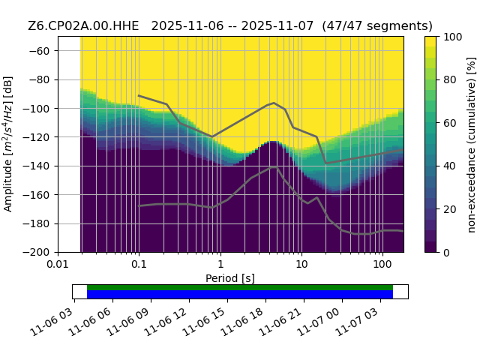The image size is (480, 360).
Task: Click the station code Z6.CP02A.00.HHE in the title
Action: point(83,26)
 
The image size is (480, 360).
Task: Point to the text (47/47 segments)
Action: point(377,26)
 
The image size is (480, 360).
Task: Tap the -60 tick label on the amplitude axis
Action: point(39,51)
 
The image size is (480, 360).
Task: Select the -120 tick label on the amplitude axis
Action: point(37,137)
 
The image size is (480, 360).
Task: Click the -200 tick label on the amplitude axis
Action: point(37,253)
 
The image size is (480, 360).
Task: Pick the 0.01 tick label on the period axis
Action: point(58,264)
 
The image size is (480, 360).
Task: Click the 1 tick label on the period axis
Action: point(220,264)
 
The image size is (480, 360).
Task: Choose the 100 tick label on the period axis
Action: point(382,264)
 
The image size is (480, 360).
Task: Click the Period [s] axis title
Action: point(230,278)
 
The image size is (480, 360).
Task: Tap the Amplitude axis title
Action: point(8,144)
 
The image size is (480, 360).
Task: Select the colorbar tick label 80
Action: point(450,80)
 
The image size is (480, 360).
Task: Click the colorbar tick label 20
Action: point(450,209)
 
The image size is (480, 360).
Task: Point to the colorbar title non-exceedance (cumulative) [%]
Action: point(472,145)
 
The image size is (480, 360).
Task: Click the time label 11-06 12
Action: point(165,321)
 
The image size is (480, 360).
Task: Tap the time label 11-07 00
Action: point(318,321)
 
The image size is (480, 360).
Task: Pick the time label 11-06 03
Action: point(51,321)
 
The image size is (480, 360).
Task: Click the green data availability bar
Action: point(240,287)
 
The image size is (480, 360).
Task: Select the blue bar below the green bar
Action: point(240,294)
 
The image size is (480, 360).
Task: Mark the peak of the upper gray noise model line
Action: point(274,103)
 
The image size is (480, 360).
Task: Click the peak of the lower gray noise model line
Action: point(274,167)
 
